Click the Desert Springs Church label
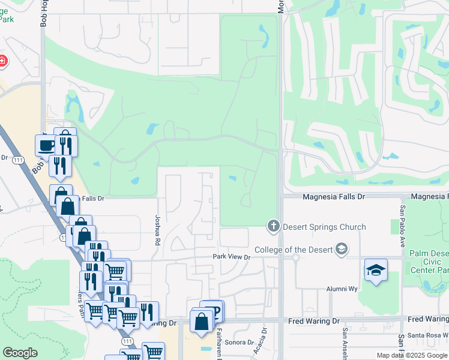[x=324, y=227]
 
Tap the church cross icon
[x=273, y=226]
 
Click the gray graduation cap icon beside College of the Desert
[x=341, y=249]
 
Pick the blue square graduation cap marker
[x=376, y=270]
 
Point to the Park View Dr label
[x=231, y=257]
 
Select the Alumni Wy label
[x=342, y=289]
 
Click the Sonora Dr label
[x=238, y=342]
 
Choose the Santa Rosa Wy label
[x=426, y=335]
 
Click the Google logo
[x=20, y=352]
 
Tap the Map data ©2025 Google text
[x=412, y=355]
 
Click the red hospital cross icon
[x=2, y=61]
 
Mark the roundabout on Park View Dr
[x=296, y=257]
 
